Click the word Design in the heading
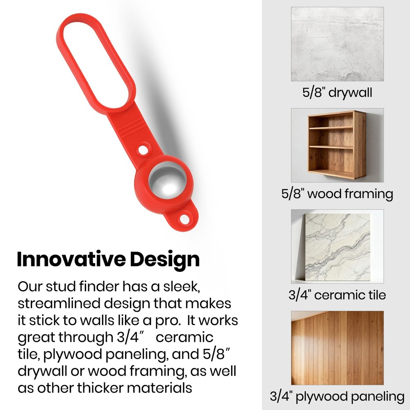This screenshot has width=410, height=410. (165, 260)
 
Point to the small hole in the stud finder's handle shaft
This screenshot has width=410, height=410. (143, 150)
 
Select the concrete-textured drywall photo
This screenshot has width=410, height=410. (337, 44)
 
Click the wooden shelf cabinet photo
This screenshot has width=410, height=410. (337, 145)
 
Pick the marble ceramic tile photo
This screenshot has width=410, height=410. (337, 246)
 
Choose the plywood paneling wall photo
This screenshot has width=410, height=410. (337, 348)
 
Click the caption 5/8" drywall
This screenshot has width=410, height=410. (337, 93)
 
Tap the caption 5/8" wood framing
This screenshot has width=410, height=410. (337, 194)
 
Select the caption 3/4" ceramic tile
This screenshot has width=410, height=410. (337, 295)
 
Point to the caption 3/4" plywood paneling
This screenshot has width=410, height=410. (337, 396)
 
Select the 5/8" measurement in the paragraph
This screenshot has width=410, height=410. (216, 354)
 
